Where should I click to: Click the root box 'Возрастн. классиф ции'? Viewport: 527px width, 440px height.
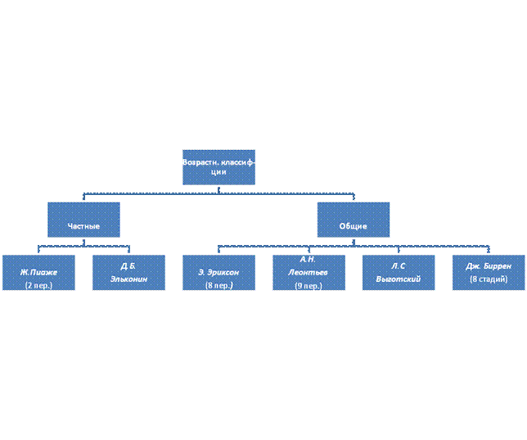[x=218, y=166]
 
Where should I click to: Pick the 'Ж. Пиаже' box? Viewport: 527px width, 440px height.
[x=38, y=272]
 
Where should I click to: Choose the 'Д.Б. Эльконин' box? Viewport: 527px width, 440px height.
[x=128, y=272]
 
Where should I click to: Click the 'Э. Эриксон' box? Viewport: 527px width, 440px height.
[x=218, y=272]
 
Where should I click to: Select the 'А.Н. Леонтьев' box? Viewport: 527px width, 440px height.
[x=309, y=272]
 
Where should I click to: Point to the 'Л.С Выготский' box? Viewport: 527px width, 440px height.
[x=399, y=272]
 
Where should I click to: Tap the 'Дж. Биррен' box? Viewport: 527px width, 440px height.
[x=489, y=272]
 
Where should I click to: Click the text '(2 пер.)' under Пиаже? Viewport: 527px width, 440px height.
[x=38, y=285]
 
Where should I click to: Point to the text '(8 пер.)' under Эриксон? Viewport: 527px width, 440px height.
[x=218, y=285]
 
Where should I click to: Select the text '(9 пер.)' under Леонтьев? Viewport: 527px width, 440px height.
[x=309, y=286]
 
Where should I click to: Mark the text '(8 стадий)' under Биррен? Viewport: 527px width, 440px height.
[x=489, y=279]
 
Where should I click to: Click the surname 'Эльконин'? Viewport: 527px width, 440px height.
[x=128, y=279]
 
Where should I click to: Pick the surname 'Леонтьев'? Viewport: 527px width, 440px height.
[x=309, y=272]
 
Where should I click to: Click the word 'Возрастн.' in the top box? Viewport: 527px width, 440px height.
[x=201, y=161]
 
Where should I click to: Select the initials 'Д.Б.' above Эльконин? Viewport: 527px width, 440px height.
[x=128, y=265]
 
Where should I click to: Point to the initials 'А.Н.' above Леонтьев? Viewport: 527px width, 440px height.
[x=309, y=259]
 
